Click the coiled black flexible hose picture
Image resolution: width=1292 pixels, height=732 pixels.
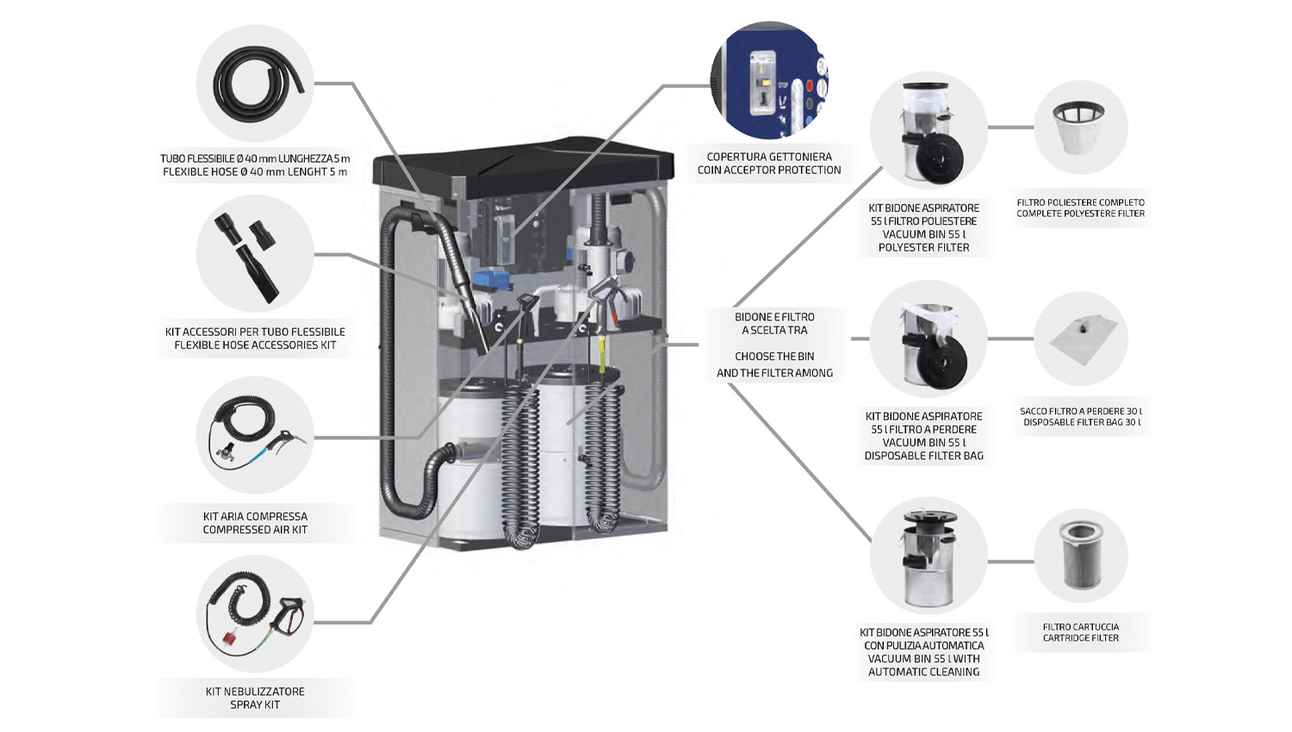(x=257, y=84)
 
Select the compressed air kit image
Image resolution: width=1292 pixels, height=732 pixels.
(x=255, y=435)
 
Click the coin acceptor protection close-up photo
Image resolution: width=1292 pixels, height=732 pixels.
(x=768, y=80)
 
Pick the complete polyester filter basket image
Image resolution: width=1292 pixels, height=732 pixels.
(x=1080, y=127)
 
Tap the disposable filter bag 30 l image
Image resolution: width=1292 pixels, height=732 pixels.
(x=1080, y=338)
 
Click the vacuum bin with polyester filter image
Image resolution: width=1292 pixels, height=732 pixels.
(x=927, y=129)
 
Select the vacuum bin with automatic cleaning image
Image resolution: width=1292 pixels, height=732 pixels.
(x=927, y=555)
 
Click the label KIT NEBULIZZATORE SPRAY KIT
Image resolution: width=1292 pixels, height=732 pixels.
(x=255, y=698)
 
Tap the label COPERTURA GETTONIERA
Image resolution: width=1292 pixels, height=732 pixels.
(x=769, y=157)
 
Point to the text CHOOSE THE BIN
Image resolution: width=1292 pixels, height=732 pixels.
(x=774, y=357)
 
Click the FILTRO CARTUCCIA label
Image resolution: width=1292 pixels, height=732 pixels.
(x=1080, y=627)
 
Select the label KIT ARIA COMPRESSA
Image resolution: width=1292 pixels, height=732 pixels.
(x=255, y=517)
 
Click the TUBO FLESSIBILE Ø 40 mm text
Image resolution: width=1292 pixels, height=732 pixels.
(x=255, y=158)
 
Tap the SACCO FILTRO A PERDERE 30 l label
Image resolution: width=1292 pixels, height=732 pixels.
(x=1080, y=412)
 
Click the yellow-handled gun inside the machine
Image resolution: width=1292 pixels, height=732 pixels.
(x=603, y=349)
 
